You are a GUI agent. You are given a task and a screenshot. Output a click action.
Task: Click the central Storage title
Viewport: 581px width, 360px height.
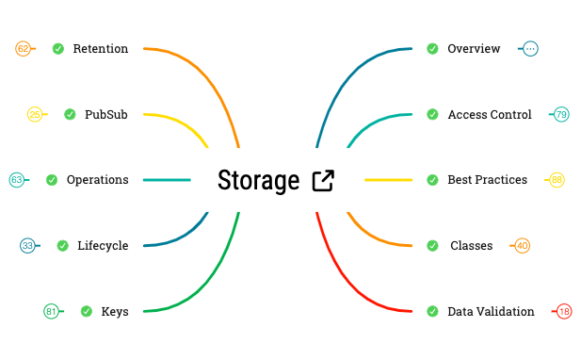259,180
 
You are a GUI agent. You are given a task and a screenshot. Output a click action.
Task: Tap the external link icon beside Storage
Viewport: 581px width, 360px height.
322,180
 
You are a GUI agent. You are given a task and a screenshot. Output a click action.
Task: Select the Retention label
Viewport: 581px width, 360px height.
100,48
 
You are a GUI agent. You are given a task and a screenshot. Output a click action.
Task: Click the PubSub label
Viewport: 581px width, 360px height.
105,114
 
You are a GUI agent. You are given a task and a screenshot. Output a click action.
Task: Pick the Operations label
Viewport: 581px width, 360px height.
97,179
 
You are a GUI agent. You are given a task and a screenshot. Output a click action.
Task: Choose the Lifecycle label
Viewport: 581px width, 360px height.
103,245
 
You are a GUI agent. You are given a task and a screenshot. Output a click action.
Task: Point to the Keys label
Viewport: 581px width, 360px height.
115,311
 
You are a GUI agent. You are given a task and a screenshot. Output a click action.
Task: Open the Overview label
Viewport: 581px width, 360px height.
474,48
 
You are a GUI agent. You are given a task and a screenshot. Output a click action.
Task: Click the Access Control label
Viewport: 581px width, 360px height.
489,114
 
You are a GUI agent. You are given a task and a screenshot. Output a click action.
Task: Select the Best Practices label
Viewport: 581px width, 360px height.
487,179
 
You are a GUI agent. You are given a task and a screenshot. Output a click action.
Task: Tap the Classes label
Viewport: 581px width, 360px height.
471,245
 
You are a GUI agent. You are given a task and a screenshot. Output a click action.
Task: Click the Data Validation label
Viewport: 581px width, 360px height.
491,311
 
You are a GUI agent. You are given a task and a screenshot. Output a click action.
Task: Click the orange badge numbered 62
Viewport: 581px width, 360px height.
24,48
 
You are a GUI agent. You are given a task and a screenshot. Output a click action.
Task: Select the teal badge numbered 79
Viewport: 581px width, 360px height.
561,114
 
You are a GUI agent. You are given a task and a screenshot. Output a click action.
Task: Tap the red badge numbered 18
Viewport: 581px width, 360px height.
564,311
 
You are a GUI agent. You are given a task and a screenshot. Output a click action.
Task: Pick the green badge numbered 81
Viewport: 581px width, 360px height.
52,311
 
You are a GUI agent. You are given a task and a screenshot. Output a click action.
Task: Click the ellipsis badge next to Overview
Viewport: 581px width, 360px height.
530,48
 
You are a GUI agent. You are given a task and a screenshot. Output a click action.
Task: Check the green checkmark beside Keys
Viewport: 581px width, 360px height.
86,311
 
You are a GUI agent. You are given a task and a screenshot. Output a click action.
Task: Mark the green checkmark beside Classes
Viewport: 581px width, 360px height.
432,245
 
